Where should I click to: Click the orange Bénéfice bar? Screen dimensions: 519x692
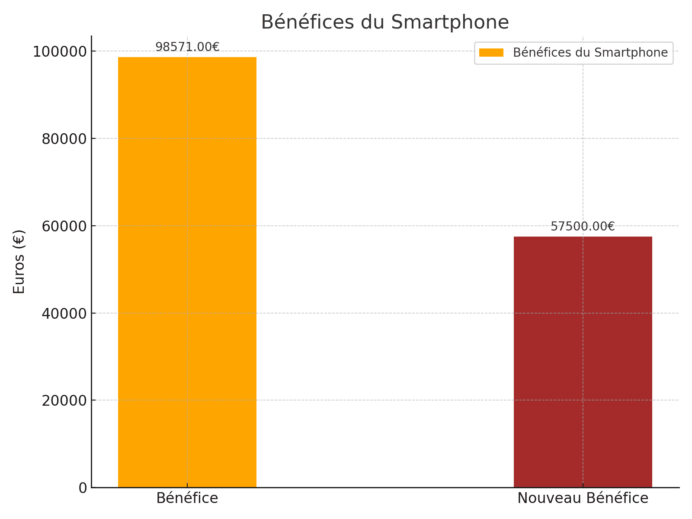click(187, 272)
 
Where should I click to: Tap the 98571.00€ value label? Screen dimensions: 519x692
click(187, 47)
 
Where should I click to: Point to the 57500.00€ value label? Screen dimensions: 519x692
click(583, 226)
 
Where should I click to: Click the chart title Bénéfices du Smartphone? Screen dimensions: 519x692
click(385, 22)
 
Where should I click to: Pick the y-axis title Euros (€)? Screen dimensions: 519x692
click(19, 262)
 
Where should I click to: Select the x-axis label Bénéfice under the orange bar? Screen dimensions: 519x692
click(187, 498)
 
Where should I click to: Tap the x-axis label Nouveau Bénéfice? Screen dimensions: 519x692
click(583, 498)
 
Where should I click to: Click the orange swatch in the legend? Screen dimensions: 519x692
click(491, 53)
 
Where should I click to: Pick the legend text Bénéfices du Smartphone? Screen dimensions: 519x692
click(590, 53)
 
